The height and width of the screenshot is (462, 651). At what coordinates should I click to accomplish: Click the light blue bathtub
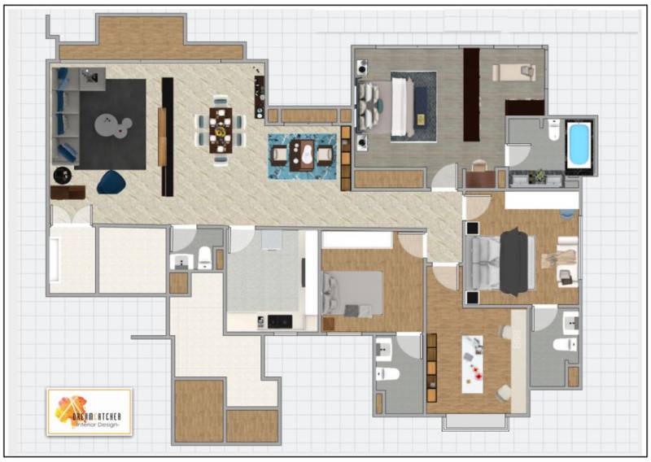click(x=579, y=144)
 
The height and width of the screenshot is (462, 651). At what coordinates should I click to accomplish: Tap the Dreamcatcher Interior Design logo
click(x=90, y=412)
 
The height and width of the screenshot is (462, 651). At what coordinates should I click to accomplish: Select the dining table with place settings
click(x=221, y=130)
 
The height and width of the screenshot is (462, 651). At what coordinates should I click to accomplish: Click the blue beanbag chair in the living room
click(x=111, y=182)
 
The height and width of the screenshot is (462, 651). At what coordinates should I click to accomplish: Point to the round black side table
click(x=63, y=175)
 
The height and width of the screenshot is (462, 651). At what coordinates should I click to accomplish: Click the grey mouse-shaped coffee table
click(x=112, y=125)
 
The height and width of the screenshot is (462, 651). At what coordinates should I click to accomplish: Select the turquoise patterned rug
click(x=302, y=156)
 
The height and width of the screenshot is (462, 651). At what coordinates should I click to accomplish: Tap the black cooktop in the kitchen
click(x=280, y=322)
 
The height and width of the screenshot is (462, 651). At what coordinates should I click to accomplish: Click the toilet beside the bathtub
click(x=554, y=129)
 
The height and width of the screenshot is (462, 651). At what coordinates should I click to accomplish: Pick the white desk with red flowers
click(x=473, y=364)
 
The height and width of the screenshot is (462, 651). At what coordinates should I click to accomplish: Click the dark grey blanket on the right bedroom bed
click(x=514, y=262)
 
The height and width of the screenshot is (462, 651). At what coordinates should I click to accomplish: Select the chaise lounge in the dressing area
click(x=513, y=72)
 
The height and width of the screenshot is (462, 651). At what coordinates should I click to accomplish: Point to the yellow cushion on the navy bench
click(x=421, y=120)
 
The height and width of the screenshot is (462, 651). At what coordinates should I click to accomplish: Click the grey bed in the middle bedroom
click(x=352, y=293)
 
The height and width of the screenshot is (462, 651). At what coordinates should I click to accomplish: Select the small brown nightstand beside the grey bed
click(x=329, y=324)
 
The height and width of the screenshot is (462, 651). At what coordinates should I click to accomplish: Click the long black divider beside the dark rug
click(x=168, y=137)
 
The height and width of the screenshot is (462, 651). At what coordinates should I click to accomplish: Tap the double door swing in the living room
click(x=72, y=215)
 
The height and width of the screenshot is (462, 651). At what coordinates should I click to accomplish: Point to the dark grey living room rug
click(x=112, y=124)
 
